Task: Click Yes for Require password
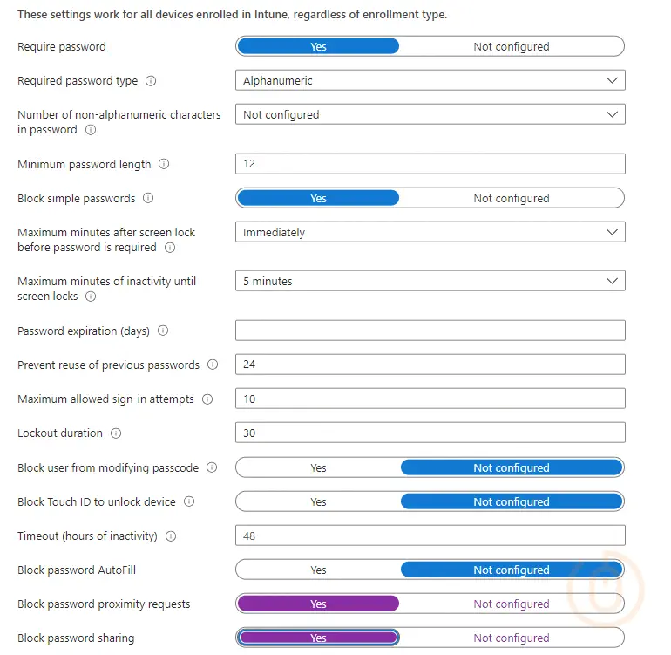click(318, 46)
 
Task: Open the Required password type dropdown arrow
click(612, 80)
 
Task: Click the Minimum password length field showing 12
click(430, 164)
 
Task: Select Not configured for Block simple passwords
click(512, 198)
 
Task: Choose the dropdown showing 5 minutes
click(430, 282)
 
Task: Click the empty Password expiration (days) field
click(430, 331)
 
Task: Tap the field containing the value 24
click(430, 365)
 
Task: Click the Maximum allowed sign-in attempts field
click(430, 399)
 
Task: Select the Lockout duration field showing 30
click(430, 433)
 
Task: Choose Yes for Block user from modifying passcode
click(318, 467)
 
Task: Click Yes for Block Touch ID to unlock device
click(318, 501)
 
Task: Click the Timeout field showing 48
click(430, 536)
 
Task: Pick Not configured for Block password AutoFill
click(512, 570)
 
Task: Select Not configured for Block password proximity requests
click(512, 604)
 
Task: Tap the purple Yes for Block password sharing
click(318, 638)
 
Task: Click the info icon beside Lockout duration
click(116, 433)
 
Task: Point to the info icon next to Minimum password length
click(164, 164)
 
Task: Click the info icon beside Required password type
click(151, 81)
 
